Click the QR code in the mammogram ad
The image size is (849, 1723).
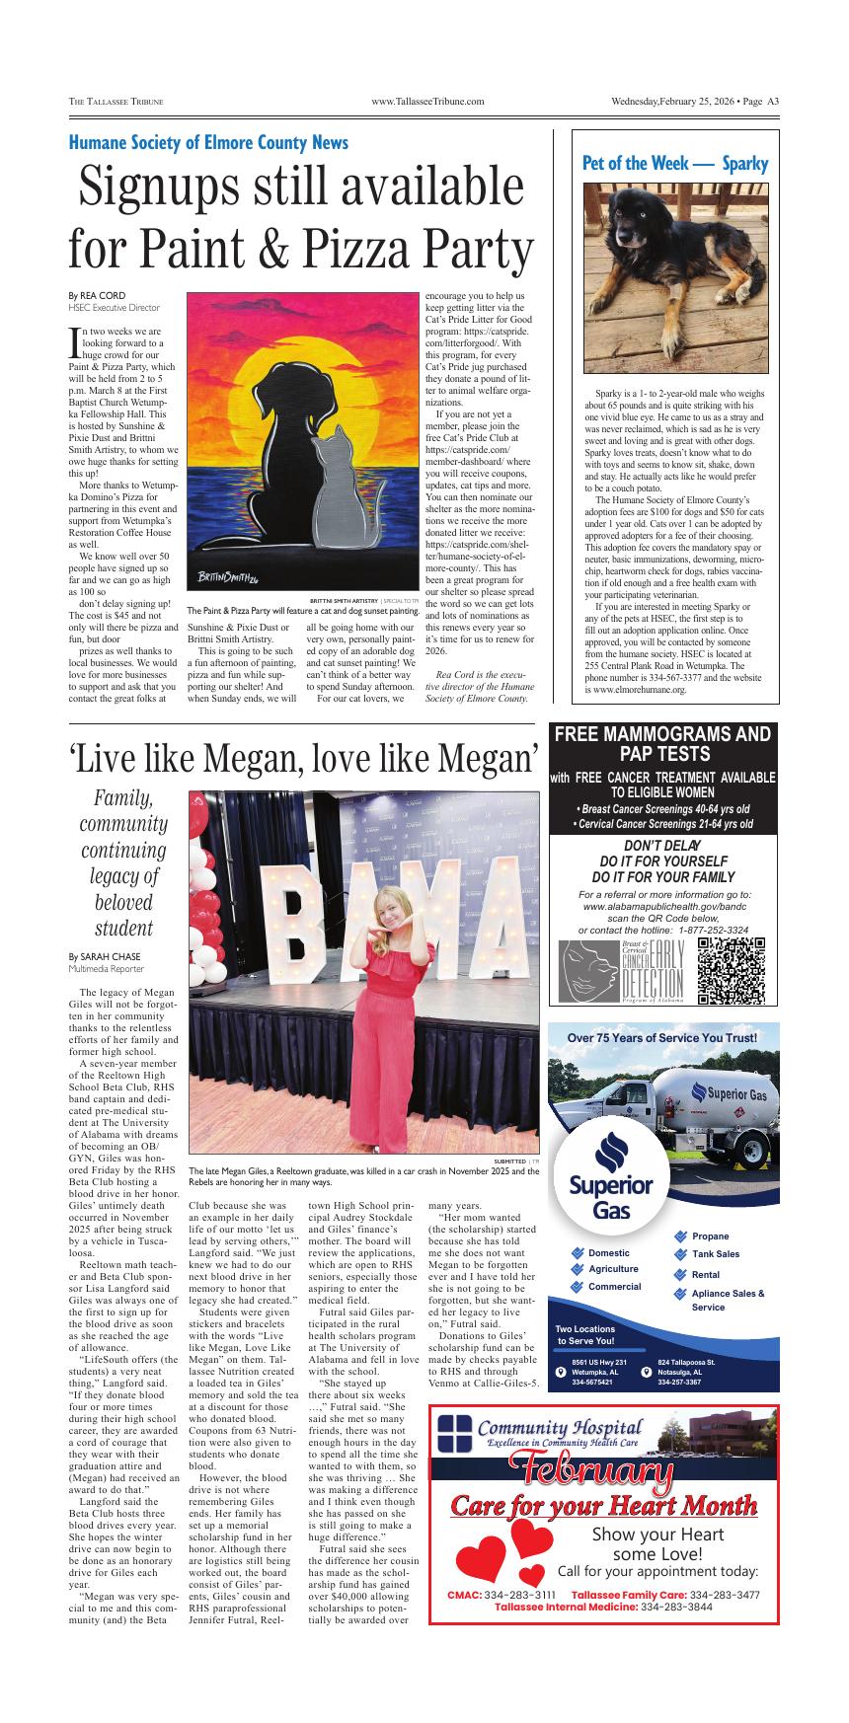click(732, 971)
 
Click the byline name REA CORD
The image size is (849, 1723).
click(104, 296)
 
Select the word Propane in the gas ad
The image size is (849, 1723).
click(710, 1236)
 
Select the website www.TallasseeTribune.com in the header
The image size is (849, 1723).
click(426, 102)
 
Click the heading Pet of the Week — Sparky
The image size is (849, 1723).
click(675, 164)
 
